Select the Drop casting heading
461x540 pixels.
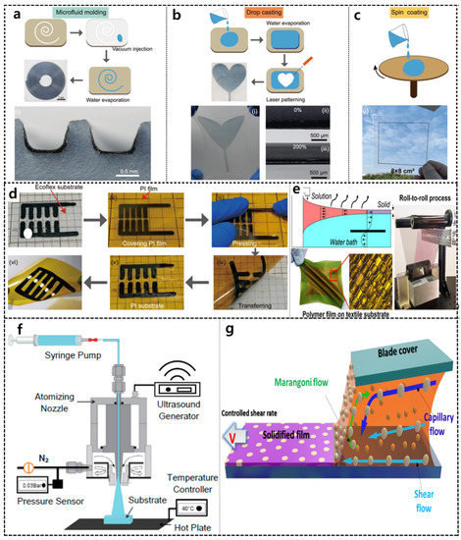(239, 12)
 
